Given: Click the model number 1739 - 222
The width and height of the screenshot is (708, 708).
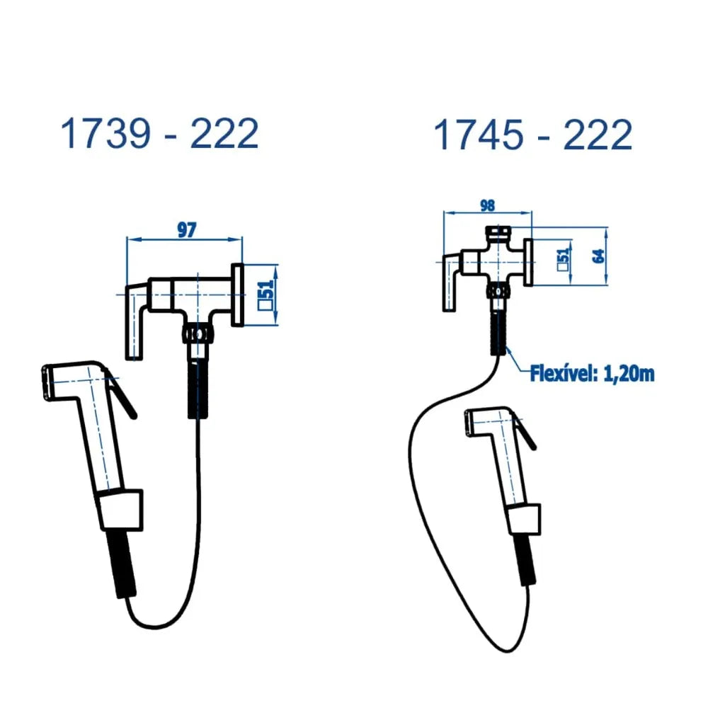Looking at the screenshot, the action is coord(159,133).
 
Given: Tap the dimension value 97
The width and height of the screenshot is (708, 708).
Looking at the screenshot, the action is coord(186,230).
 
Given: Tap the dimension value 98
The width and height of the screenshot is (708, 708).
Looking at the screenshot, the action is coord(488,205).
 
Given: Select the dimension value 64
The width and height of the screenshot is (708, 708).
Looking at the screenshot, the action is coord(599,256).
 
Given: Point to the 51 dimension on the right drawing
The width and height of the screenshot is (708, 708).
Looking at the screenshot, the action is coord(563,259).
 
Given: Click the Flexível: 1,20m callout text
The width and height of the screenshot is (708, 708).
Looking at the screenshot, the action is coord(592,375).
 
